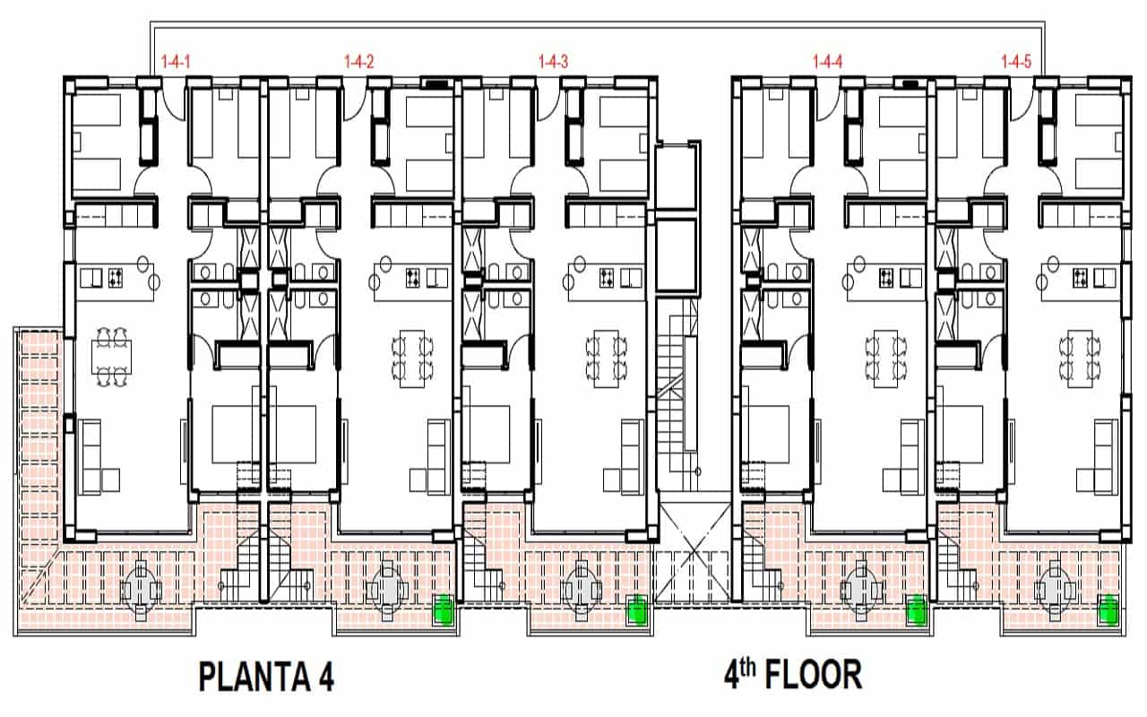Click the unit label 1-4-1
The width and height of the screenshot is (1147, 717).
point(176,62)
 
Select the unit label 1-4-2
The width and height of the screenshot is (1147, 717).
point(359,62)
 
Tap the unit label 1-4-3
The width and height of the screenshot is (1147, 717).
point(553,62)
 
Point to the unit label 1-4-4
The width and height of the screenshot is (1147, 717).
point(827,62)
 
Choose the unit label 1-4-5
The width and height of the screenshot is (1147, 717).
point(1016,62)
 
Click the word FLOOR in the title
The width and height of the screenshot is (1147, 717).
point(814,675)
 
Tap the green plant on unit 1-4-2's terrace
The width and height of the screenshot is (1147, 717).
point(444,609)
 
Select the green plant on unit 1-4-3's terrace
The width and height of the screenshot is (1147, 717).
point(637,609)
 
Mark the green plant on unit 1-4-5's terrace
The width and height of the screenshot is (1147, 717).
point(1108,609)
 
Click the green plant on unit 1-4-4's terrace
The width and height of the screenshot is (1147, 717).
point(916,609)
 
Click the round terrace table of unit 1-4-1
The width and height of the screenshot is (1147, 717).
point(141,591)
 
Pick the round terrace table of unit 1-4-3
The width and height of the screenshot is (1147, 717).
point(582,591)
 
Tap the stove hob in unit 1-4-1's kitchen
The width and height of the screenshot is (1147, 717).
point(116,278)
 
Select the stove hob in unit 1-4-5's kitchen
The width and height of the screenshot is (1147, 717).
point(1081,278)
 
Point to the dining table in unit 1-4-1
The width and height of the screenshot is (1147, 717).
point(112,357)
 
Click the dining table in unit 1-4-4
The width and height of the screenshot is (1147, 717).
point(885,358)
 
